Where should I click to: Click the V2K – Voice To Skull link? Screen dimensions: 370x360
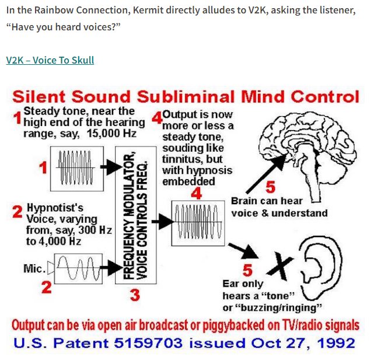50,60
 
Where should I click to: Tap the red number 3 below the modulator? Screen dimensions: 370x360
135,295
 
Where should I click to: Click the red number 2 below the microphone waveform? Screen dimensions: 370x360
46,287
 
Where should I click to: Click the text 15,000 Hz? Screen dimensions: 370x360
113,134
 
